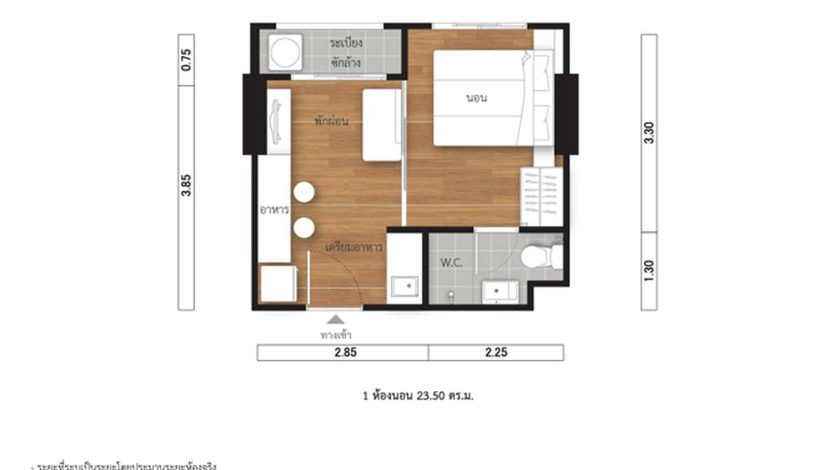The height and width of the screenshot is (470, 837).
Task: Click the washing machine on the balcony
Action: (285, 52)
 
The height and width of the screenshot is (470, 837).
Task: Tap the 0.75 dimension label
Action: (186, 60)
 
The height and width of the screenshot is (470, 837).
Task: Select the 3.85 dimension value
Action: (186, 185)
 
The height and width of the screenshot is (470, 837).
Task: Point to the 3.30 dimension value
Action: (649, 133)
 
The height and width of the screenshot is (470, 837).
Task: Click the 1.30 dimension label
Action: (649, 271)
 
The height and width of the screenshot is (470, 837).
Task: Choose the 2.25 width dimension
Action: (496, 353)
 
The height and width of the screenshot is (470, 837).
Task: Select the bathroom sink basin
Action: (500, 291)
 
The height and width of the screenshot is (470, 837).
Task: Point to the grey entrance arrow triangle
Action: (336, 320)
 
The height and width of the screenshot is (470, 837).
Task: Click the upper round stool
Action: (304, 192)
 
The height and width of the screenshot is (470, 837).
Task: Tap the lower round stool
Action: (304, 228)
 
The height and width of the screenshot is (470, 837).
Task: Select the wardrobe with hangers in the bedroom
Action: (541, 197)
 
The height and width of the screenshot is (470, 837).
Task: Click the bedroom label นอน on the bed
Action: (477, 98)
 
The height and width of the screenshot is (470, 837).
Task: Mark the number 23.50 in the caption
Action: (427, 396)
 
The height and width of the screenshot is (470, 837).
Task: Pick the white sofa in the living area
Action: (382, 125)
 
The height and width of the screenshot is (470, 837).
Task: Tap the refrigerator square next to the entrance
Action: (278, 283)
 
